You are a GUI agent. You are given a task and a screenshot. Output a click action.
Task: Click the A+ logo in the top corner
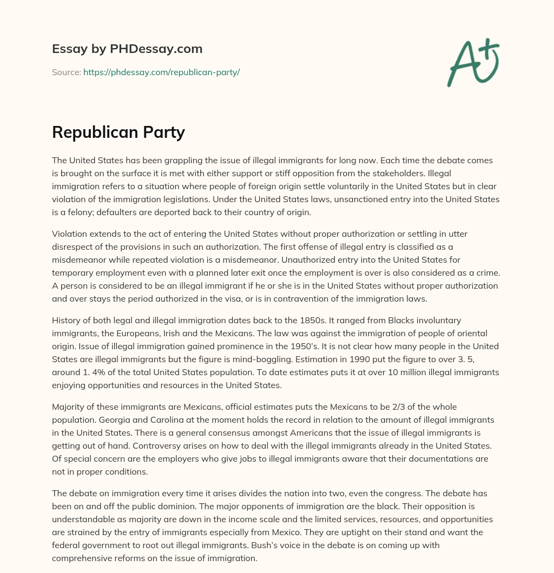(472, 63)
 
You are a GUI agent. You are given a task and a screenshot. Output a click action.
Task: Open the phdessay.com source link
(161, 72)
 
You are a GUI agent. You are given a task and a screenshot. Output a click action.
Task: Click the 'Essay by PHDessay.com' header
(127, 49)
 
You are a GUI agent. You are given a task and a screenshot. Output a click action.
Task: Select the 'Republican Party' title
(118, 132)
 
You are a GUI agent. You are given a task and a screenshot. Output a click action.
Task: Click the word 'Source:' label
(67, 72)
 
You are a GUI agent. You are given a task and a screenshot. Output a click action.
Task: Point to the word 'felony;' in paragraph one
(77, 212)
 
